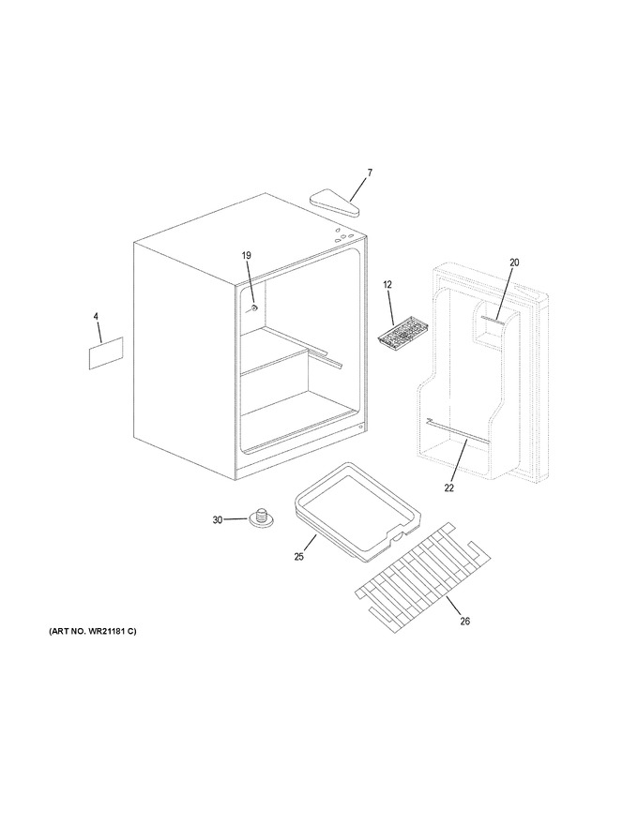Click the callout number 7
(370, 172)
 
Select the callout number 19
(247, 256)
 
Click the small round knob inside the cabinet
(254, 308)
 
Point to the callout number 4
(96, 316)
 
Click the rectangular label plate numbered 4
(106, 353)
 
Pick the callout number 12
(387, 285)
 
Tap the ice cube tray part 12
(398, 337)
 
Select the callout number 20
(514, 262)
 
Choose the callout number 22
(448, 487)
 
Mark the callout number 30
(218, 519)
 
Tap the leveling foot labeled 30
(260, 517)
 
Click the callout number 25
(299, 557)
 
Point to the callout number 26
(464, 622)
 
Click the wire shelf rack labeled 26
(424, 577)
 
